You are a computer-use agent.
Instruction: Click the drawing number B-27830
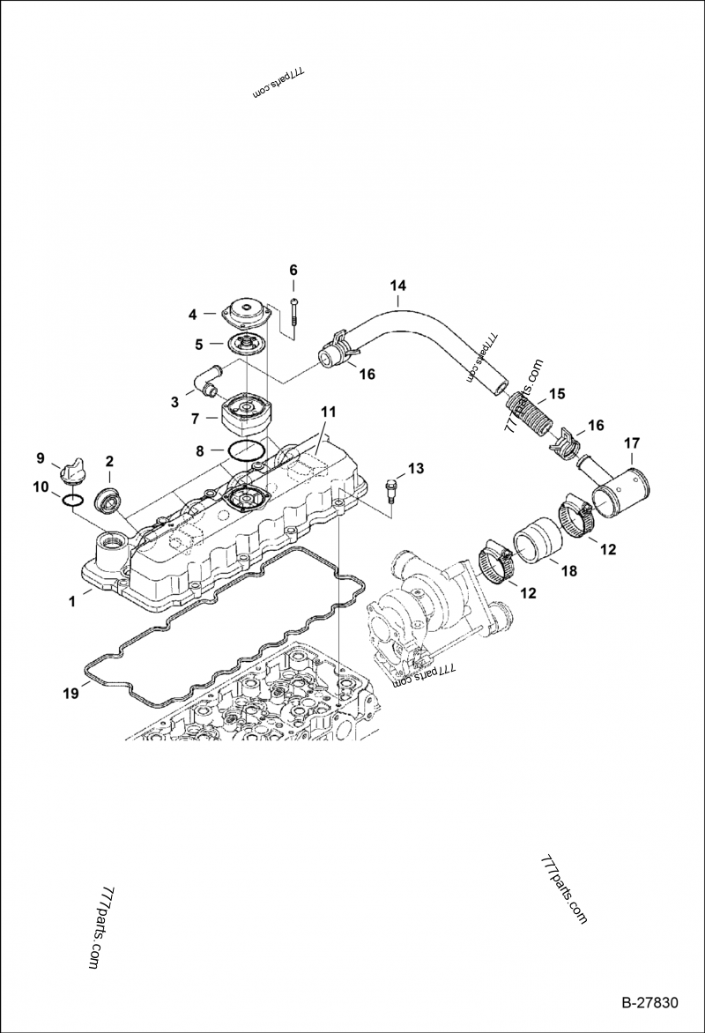pos(649,1003)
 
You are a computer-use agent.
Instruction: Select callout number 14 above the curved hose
pos(398,286)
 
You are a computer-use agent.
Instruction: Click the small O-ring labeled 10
pos(74,500)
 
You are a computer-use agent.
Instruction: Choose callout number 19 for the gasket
pos(71,693)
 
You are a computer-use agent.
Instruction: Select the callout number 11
pos(328,412)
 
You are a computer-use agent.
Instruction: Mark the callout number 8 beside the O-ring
pos(200,450)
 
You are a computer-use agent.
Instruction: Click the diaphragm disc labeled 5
pos(246,344)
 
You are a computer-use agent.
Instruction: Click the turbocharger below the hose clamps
pos(432,608)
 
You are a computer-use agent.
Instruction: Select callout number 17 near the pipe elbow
pos(633,442)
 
